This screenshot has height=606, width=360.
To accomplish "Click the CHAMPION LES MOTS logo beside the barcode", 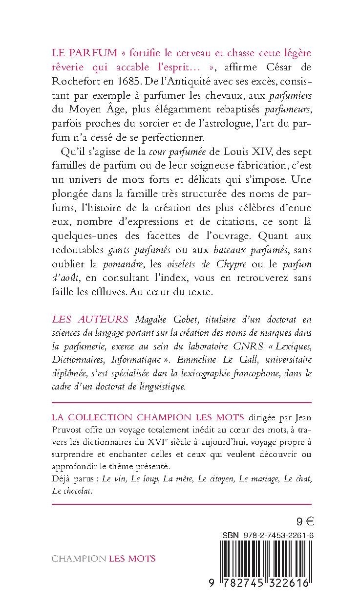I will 104,558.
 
